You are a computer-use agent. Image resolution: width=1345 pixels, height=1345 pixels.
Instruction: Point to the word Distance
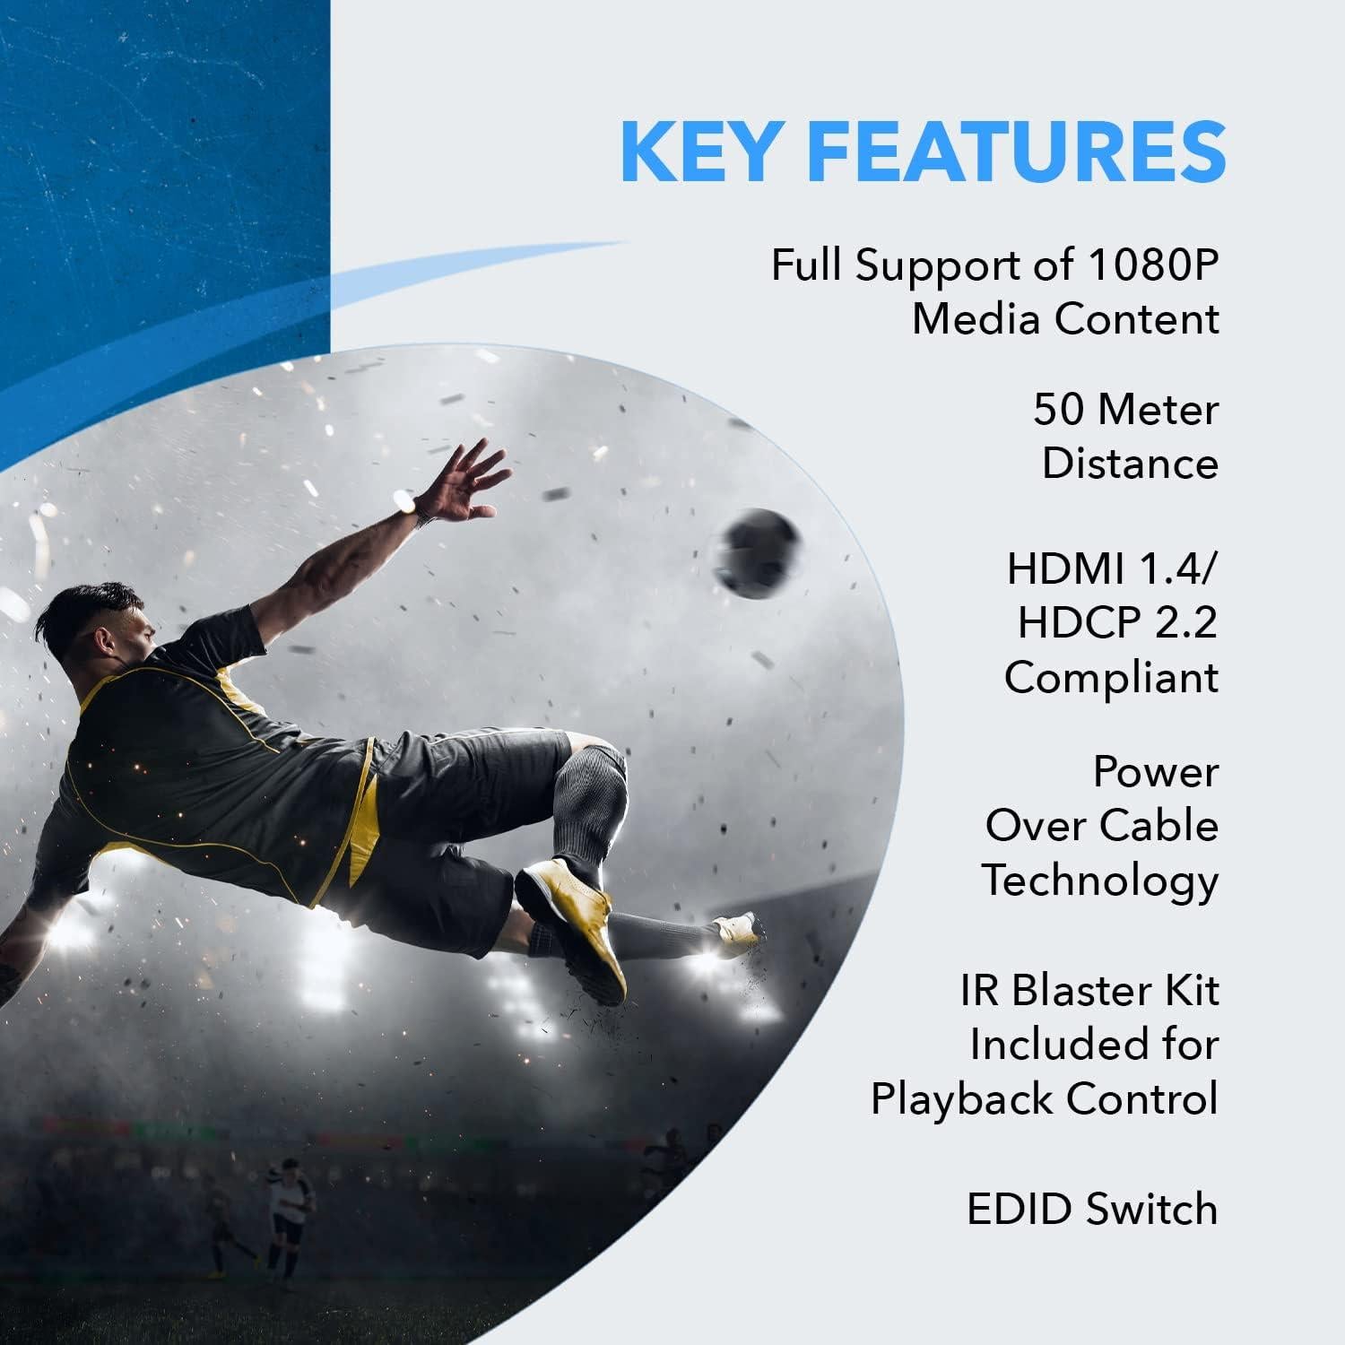coord(1130,464)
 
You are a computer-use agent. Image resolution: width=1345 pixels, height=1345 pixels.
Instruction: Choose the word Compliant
coord(1111,677)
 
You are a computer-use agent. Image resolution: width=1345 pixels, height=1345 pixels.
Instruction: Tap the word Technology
coord(1100,881)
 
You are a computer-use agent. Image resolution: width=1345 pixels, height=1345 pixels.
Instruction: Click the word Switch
coord(1152,1209)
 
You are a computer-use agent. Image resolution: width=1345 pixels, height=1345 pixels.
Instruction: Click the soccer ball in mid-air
coord(761,552)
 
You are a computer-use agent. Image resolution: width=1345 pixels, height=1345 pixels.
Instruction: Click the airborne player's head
coord(99,628)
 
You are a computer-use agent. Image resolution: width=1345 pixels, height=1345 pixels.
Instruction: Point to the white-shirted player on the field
coord(289,1210)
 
